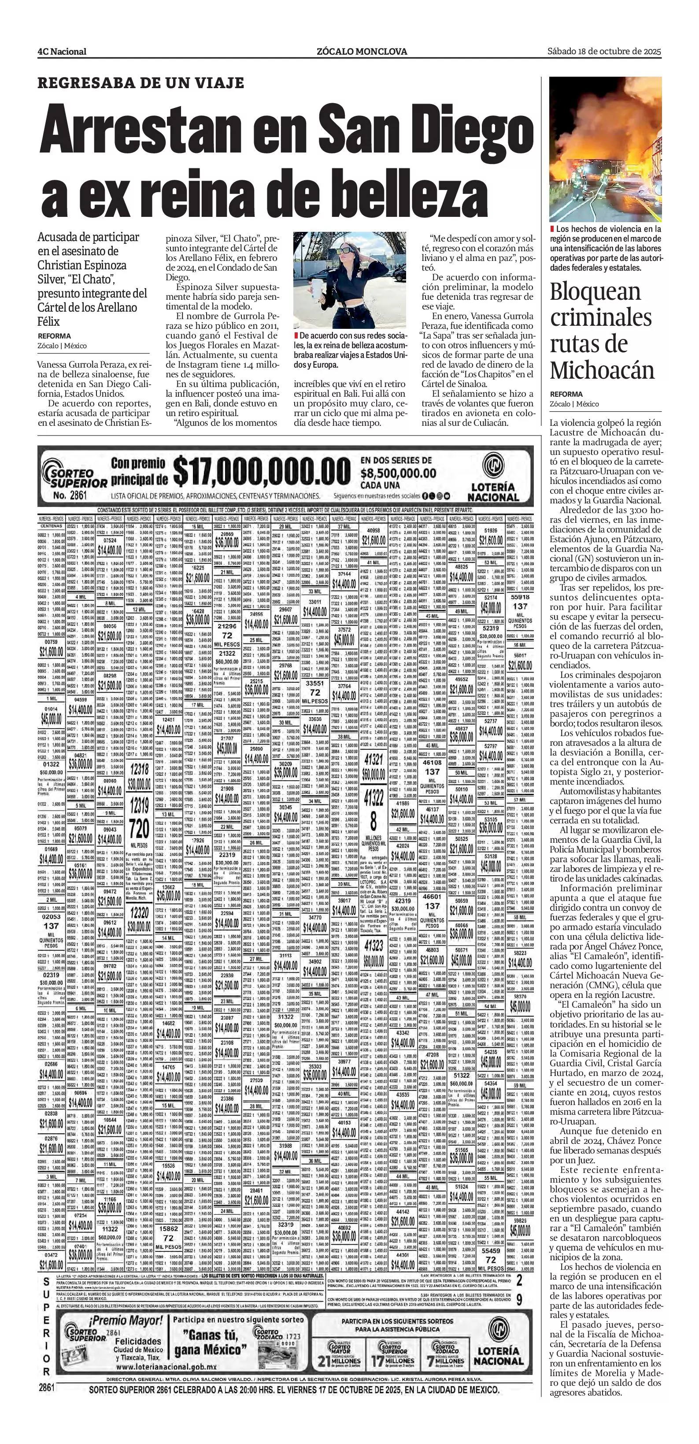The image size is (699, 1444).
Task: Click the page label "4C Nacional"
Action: point(62,52)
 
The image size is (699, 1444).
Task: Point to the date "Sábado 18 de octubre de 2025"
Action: point(604,51)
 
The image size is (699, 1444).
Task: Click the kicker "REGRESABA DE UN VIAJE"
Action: point(141,83)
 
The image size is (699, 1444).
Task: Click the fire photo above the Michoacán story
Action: point(605,149)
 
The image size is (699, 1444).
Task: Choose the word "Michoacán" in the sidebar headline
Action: point(602,370)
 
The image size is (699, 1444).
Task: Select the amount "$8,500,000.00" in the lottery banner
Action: point(398,473)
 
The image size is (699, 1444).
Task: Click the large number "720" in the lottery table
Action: point(140,827)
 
